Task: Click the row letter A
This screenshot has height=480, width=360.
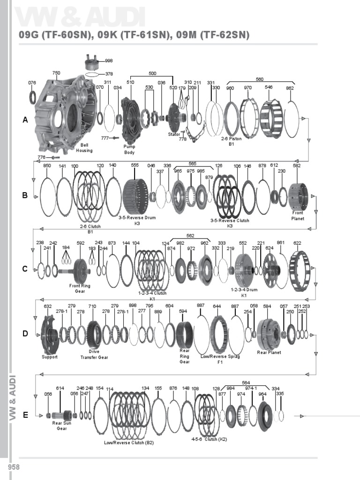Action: coord(25,120)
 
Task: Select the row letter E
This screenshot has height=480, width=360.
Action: coord(25,415)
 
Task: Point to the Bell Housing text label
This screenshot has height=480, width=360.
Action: coord(84,148)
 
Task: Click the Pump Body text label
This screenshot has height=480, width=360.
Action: coord(129,149)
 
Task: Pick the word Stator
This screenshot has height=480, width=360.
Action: coord(174,135)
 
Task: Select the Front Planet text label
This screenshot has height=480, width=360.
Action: coord(298,216)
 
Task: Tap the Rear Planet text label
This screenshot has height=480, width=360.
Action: coord(269,352)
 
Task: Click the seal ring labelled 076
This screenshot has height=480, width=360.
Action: coord(32,97)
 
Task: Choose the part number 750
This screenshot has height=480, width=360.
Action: coord(56,73)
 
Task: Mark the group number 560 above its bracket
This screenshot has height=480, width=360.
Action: coord(260,79)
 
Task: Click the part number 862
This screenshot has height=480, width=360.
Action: coord(290,88)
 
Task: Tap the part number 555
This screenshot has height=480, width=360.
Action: coord(135,165)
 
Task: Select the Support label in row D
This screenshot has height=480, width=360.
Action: coord(50,357)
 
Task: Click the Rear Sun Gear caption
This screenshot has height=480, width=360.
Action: coord(61,426)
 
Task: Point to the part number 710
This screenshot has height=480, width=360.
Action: coord(92,307)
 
